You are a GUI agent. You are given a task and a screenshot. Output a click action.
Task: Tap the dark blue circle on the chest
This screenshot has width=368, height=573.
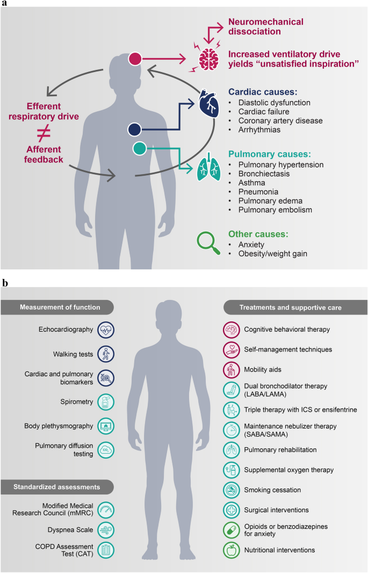coord(135,129)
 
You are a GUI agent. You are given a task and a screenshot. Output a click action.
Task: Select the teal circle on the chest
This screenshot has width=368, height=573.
coord(138,148)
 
